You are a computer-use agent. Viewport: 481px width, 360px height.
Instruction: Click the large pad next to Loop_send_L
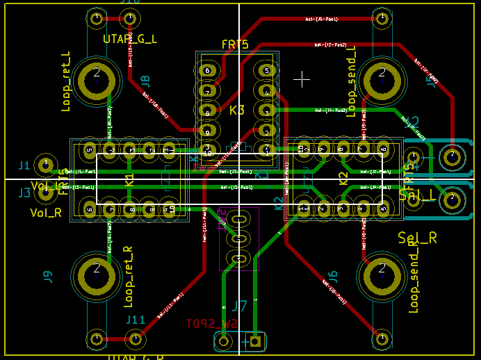click(381, 77)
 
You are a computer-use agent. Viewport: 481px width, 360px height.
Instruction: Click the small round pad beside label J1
click(46, 165)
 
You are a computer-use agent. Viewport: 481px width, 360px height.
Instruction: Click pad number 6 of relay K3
click(206, 70)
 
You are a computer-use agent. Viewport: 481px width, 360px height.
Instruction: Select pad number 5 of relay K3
click(266, 70)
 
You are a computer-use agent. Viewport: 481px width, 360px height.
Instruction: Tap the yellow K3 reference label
click(236, 110)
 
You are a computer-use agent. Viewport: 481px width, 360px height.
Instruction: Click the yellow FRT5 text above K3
click(234, 44)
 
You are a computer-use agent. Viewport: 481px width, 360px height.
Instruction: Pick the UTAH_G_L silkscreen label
click(129, 39)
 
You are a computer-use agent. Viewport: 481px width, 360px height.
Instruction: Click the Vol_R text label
click(46, 212)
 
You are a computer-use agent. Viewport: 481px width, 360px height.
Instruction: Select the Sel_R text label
click(417, 238)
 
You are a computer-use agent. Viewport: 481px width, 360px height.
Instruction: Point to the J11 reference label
click(135, 320)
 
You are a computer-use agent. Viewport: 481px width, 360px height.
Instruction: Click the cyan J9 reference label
click(48, 277)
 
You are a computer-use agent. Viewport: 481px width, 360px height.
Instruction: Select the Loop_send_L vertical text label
click(351, 79)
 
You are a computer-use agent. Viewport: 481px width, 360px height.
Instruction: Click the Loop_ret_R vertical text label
click(128, 277)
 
